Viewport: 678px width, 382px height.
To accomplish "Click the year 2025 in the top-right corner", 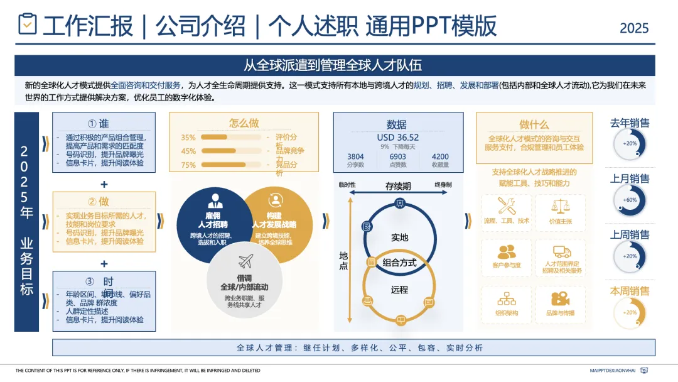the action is [x=634, y=28].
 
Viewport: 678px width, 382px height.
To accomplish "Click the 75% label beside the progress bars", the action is [x=188, y=165].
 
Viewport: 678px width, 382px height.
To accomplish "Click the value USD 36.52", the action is [x=397, y=138].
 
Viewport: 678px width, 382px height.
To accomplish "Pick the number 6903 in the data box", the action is [x=398, y=156].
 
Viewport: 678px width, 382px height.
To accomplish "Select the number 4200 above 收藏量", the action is [x=440, y=156].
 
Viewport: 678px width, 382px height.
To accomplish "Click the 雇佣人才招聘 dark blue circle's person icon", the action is [x=215, y=200].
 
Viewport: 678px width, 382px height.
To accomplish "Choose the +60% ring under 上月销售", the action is [x=630, y=200].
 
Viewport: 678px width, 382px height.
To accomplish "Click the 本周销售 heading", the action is [x=630, y=291].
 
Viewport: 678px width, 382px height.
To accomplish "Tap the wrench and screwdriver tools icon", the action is [x=506, y=205].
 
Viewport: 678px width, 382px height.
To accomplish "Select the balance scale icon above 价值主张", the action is [x=560, y=205].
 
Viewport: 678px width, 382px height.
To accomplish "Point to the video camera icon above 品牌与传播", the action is [x=560, y=298].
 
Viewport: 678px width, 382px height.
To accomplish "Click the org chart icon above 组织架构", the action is [x=506, y=298].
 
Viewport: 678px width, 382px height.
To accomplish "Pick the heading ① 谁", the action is [x=104, y=124].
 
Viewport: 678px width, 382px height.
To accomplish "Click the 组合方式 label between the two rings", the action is [x=399, y=263].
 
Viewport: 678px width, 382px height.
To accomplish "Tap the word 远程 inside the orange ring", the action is [x=399, y=290].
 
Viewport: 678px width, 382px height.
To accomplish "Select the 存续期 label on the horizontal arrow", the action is [x=398, y=186].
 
